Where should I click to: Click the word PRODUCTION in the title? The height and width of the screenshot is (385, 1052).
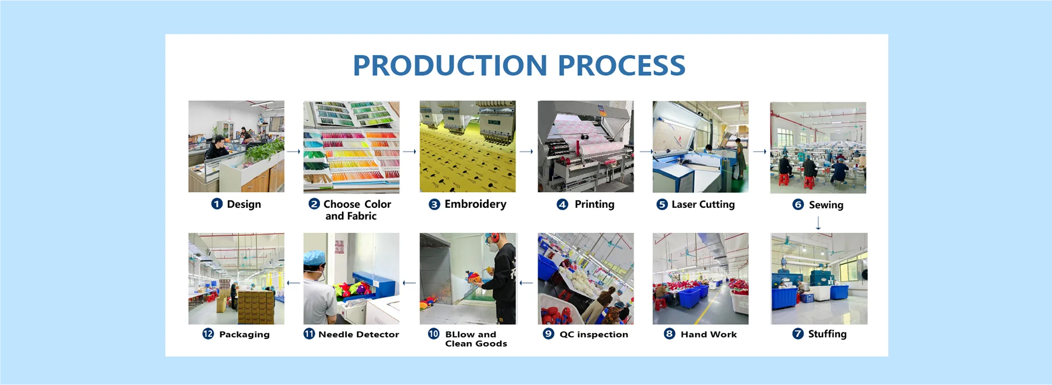[450, 65]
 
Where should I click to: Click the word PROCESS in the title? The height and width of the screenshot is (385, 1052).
[621, 65]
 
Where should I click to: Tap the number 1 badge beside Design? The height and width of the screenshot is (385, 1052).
[217, 204]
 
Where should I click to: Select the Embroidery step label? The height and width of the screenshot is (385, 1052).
[475, 204]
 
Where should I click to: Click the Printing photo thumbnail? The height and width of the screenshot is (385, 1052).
[585, 146]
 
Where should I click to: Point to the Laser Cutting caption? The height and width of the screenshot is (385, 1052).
[703, 205]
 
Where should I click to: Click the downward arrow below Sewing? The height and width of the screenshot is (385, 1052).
[818, 223]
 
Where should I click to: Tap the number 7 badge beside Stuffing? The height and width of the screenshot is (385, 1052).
[798, 334]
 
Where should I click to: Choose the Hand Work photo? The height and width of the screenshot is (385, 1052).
[700, 279]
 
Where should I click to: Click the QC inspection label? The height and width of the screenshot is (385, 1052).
[593, 335]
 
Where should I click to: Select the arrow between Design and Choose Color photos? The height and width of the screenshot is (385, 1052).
[294, 151]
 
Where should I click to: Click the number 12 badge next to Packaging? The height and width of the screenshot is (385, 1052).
[208, 334]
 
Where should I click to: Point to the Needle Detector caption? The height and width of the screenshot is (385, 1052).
[358, 335]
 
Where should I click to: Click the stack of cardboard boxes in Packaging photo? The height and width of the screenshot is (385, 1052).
[255, 307]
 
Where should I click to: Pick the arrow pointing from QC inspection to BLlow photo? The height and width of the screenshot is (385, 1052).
[526, 283]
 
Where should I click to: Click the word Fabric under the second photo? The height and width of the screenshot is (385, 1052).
[362, 216]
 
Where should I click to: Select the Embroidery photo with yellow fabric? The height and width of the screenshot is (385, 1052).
[467, 146]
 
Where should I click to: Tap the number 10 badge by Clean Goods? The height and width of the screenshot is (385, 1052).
[433, 334]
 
